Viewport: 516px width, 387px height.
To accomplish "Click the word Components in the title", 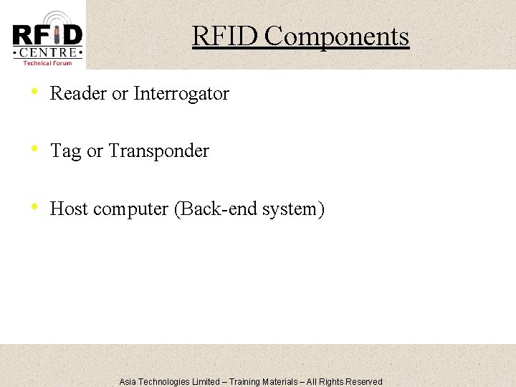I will (x=337, y=36).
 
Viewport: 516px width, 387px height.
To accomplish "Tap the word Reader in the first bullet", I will (x=78, y=93).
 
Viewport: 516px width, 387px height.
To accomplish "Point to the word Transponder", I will (x=158, y=151).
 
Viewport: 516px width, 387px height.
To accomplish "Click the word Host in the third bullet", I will (x=69, y=209).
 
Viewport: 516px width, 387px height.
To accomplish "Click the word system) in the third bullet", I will (x=294, y=209).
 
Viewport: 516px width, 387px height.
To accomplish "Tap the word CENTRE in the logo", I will (x=47, y=52).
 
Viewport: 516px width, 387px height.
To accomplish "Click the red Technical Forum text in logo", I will (x=47, y=63).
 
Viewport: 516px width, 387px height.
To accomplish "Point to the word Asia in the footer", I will (x=128, y=382).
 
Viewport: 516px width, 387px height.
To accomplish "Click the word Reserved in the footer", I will (x=364, y=382).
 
